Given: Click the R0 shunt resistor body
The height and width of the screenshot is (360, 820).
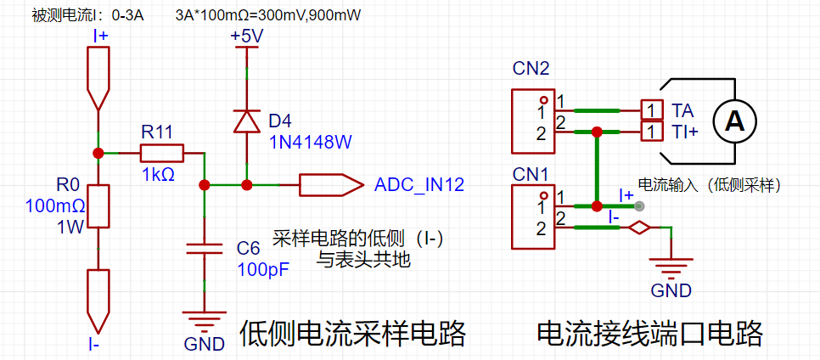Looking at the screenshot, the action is point(98,206).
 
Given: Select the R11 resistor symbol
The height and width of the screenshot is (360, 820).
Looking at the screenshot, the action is point(161,153).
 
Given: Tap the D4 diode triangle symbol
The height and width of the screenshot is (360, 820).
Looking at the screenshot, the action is point(246,121).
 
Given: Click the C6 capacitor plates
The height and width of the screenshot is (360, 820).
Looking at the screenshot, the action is point(205,248).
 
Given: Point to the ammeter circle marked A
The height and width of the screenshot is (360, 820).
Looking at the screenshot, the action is point(735,121).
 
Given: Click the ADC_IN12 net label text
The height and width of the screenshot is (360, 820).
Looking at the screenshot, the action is point(418,185).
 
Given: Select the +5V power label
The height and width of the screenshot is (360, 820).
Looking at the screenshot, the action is point(247,37).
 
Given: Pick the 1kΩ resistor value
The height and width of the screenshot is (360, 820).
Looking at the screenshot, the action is point(159,174).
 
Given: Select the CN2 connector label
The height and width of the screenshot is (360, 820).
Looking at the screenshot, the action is point(531,69).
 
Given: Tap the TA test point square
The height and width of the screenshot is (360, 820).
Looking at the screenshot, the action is point(650,110).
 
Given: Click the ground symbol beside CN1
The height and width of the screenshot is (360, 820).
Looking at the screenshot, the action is point(671,267).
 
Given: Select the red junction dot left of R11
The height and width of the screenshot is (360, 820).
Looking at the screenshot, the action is point(98,153).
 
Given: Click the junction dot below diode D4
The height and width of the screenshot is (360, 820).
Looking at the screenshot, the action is point(246,185).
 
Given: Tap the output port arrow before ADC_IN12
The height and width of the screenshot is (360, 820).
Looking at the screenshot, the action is point(331,185).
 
